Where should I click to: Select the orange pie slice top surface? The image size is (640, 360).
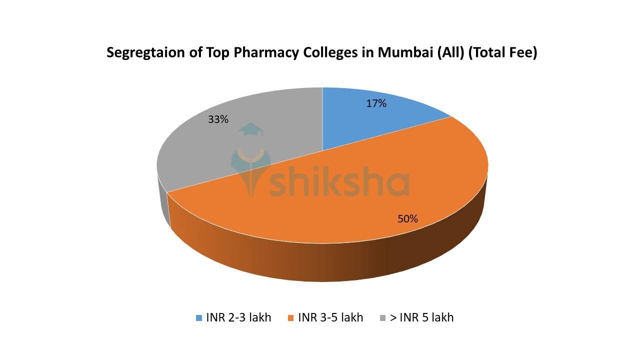tap(350, 200)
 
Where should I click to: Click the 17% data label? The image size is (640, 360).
tap(376, 103)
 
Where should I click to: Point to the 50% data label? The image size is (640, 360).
tap(407, 218)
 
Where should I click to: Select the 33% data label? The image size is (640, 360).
tap(218, 119)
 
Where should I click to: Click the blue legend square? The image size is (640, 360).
tap(199, 318)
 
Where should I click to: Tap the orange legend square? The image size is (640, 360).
tap(291, 318)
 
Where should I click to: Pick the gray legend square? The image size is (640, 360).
tap(383, 318)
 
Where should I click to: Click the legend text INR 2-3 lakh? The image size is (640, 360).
tap(238, 317)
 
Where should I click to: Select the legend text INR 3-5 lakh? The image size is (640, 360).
tap(330, 317)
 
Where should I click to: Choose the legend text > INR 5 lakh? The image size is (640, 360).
tap(421, 317)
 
